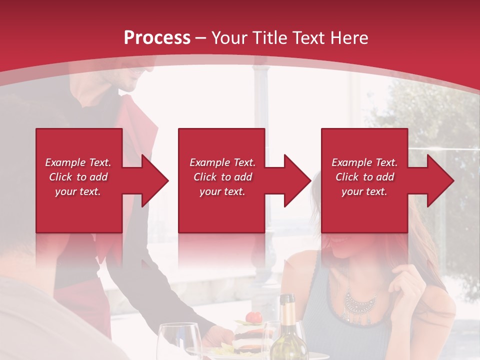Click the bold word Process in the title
click(157, 38)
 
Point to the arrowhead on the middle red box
click(294, 180)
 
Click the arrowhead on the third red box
click(437, 180)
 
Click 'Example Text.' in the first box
click(78, 162)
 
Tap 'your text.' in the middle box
click(222, 191)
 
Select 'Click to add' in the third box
click(364, 177)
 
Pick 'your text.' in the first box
click(78, 191)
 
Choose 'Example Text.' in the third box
click(364, 162)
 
